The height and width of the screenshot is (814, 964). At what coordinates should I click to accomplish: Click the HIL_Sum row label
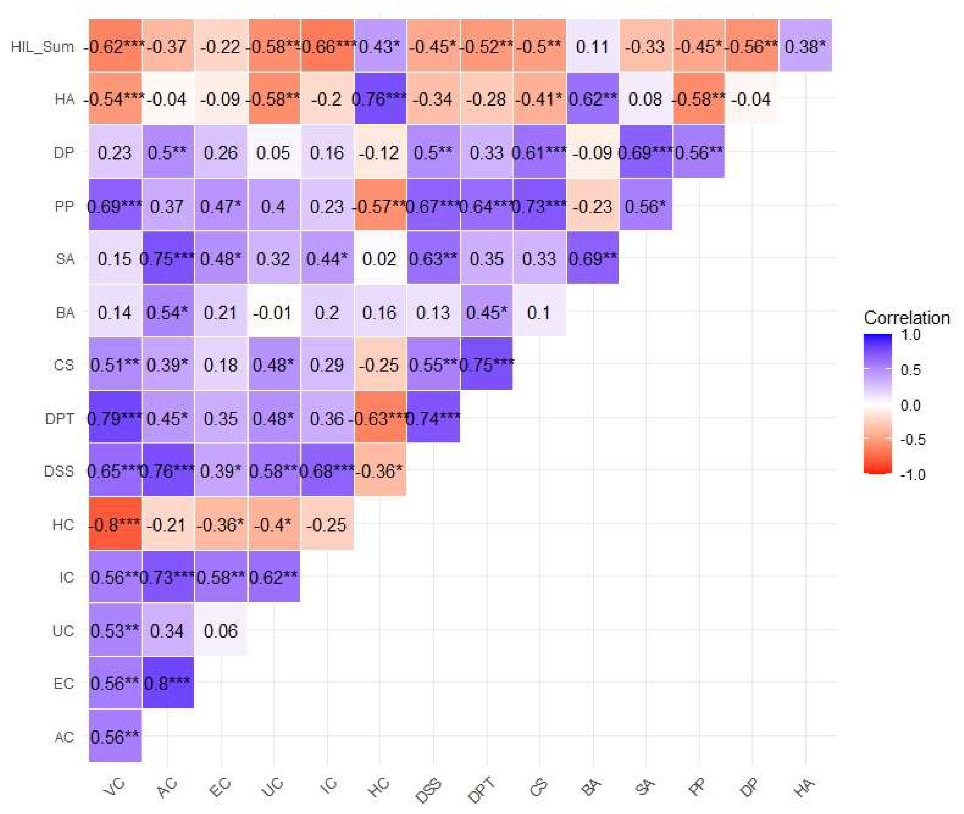[x=42, y=46]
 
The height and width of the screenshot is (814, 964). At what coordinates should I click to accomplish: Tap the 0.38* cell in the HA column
[x=805, y=46]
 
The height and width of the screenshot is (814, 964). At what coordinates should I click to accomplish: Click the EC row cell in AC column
[x=168, y=683]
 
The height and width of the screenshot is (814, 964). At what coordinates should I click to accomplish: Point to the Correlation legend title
[x=906, y=318]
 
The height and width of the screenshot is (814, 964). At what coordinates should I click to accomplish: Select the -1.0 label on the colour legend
[x=912, y=475]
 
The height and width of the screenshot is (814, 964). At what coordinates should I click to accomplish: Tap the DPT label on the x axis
[x=481, y=788]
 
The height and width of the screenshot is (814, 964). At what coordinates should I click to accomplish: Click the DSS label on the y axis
[x=59, y=471]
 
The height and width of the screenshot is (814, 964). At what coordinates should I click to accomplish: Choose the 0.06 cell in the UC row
[x=220, y=630]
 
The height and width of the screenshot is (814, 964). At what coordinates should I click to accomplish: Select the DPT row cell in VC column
[x=115, y=418]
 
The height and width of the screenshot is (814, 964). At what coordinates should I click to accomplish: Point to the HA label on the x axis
[x=803, y=787]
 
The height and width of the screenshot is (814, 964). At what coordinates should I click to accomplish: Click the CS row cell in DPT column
[x=486, y=364]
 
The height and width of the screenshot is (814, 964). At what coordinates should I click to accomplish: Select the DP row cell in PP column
[x=699, y=152]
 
